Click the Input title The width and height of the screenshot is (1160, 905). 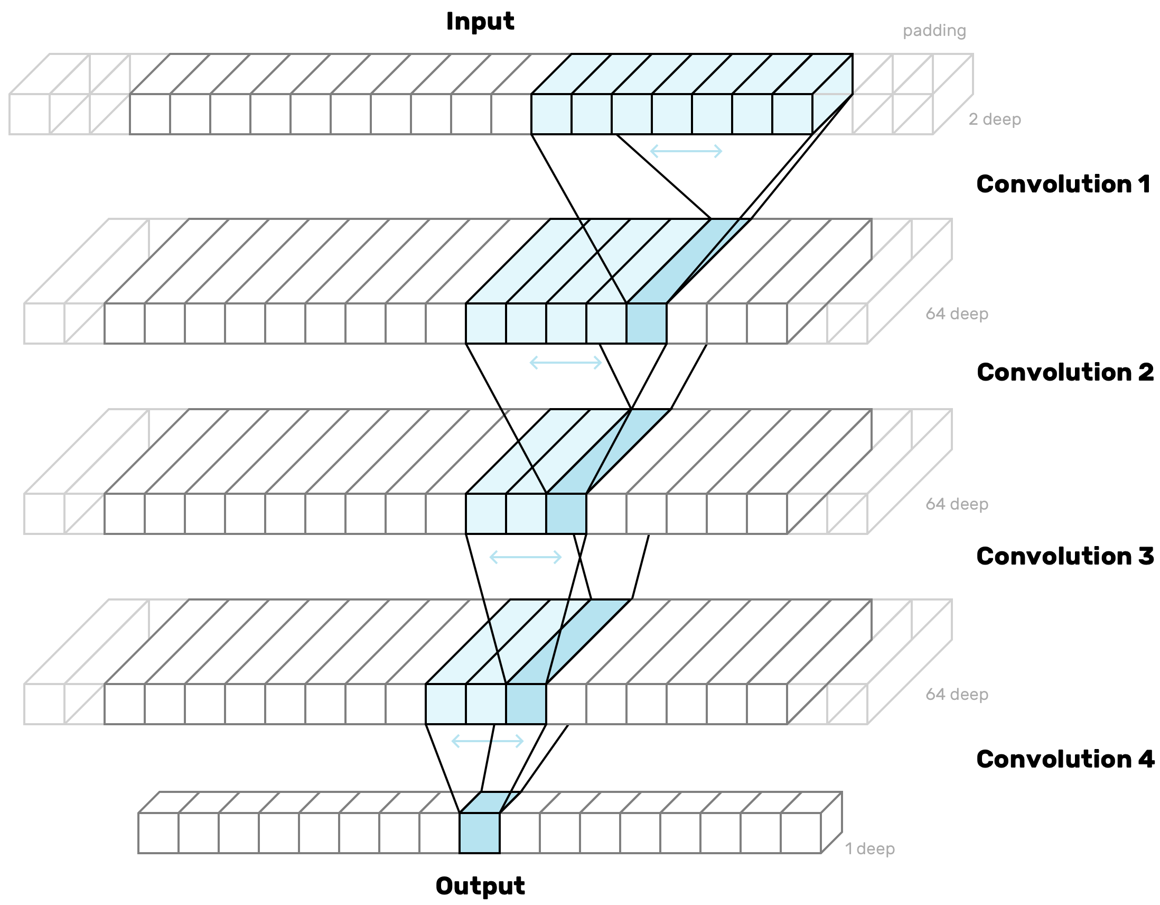[x=480, y=22]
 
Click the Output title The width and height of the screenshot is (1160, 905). [x=480, y=886]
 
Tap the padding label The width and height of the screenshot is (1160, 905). [x=934, y=31]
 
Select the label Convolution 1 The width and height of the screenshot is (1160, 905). [x=1063, y=184]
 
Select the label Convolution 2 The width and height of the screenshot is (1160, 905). [x=1064, y=373]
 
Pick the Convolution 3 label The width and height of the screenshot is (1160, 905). [x=1064, y=557]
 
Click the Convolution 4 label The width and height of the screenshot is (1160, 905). [x=1064, y=760]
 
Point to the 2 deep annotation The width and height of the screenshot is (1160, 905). [x=994, y=119]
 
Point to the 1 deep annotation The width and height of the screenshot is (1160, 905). [x=869, y=848]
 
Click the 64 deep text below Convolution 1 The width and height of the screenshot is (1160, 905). [x=957, y=314]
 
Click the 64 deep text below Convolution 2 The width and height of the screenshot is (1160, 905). [x=957, y=504]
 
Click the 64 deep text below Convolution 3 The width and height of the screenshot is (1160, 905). [x=957, y=695]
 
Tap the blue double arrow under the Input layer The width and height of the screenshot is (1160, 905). [x=686, y=152]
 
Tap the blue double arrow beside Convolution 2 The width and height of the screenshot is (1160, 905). [x=566, y=363]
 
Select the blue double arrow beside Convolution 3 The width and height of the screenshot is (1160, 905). [x=525, y=557]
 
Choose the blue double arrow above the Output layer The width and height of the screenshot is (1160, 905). [x=487, y=741]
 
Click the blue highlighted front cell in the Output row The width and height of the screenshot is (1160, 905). [x=479, y=833]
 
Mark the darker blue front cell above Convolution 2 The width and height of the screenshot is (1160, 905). [x=647, y=324]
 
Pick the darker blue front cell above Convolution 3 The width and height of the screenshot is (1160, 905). [x=566, y=514]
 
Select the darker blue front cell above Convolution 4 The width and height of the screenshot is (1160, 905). [x=526, y=704]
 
